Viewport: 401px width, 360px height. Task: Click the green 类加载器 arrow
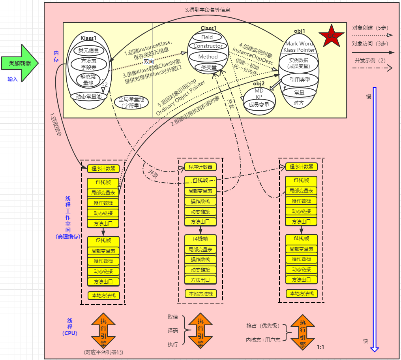(x=20, y=63)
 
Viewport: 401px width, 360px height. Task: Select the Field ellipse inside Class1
(x=207, y=37)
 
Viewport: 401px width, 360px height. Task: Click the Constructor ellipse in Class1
(x=208, y=46)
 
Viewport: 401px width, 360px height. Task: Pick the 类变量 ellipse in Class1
(x=209, y=67)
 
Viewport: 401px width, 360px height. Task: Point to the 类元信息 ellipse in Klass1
(x=88, y=51)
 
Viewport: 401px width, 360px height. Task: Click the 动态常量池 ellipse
(x=88, y=96)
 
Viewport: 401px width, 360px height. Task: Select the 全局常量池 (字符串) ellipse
(x=130, y=103)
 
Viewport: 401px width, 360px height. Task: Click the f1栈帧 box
(x=103, y=182)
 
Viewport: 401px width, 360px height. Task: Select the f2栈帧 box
(x=103, y=240)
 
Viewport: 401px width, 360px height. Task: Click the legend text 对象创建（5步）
(x=370, y=28)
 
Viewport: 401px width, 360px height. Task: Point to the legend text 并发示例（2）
(x=370, y=60)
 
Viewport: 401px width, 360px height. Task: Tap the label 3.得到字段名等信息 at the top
(x=208, y=10)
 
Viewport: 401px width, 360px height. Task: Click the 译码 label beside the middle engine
(x=173, y=330)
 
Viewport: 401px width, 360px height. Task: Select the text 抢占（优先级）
(x=263, y=326)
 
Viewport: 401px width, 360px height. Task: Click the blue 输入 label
(x=13, y=79)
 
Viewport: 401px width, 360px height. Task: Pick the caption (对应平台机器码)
(x=103, y=352)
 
